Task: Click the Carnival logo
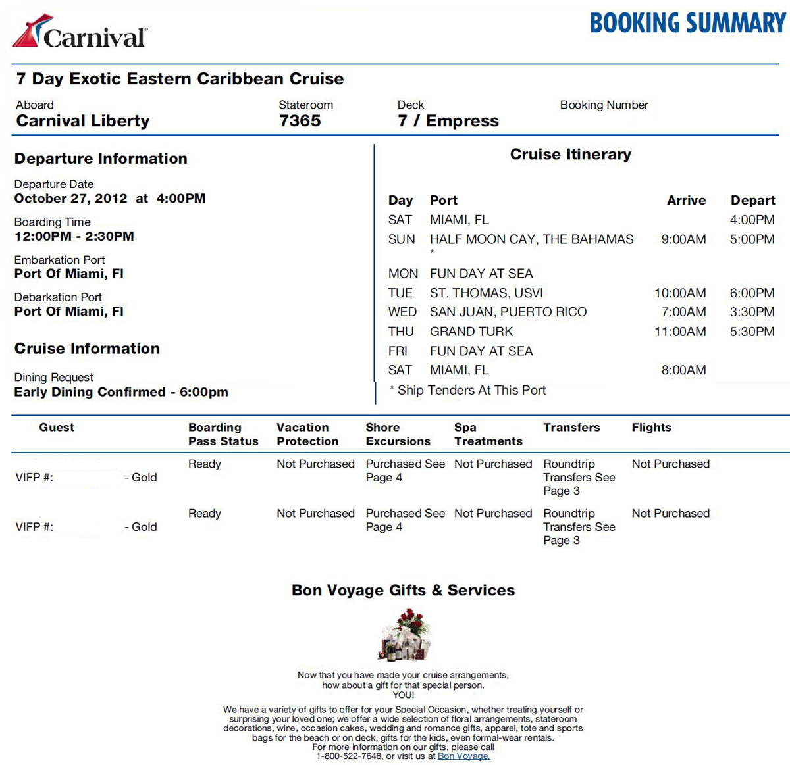pos(80,32)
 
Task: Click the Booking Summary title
pos(687,24)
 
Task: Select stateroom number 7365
pos(300,121)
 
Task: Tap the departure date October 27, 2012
pos(70,199)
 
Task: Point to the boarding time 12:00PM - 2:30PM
pos(74,236)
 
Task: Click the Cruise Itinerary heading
pos(570,155)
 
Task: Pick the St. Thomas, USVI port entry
pos(487,293)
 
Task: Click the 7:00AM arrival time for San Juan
pos(683,312)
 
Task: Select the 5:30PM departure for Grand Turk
pos(752,332)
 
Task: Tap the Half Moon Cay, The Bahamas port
pos(531,239)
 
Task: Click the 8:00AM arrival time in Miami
pos(683,370)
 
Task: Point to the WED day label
pos(402,312)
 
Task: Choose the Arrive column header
pos(686,201)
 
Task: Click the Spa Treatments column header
pos(488,434)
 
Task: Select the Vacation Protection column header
pos(307,434)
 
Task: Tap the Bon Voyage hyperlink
pos(463,756)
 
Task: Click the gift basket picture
pos(404,635)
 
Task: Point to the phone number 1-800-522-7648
pos(349,756)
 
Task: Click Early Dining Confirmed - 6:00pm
pos(121,392)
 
